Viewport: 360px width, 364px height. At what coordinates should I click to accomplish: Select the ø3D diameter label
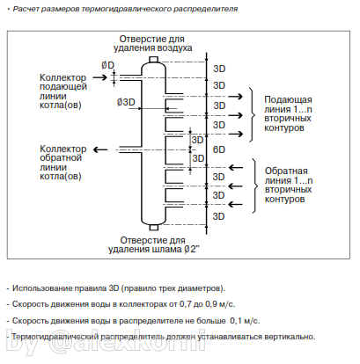pyautogui.click(x=126, y=102)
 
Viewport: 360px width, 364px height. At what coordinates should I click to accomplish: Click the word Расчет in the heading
pyautogui.click(x=27, y=8)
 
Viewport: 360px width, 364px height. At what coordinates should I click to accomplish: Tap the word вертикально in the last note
pyautogui.click(x=281, y=336)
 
